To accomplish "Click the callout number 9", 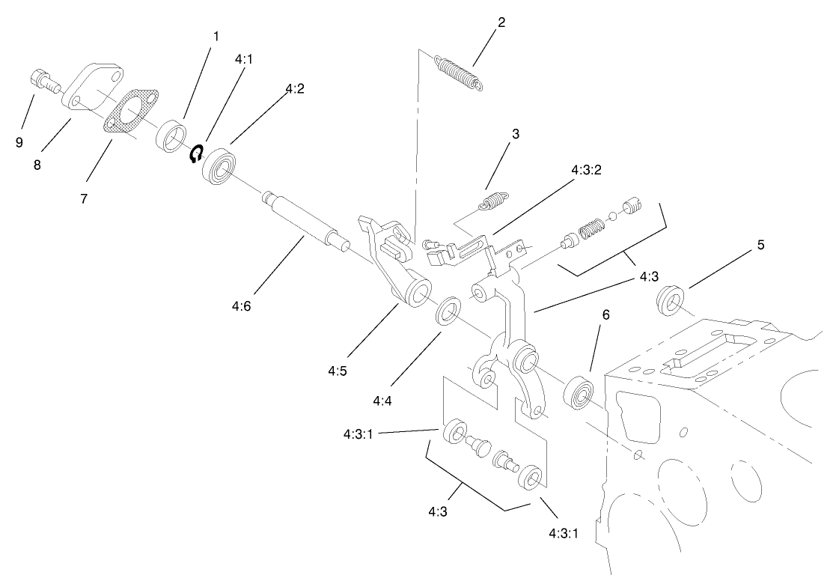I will coord(19,142).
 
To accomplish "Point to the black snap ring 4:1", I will coord(197,153).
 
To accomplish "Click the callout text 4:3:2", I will coord(586,170).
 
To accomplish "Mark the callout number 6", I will coord(606,315).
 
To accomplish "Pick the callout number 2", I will coord(501,22).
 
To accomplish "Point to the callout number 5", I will coord(760,245).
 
